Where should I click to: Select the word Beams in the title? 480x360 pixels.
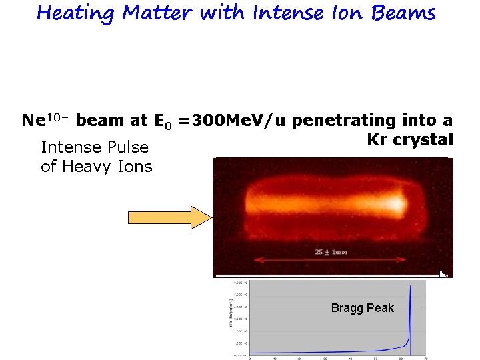[x=407, y=13]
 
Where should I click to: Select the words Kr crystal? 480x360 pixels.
[x=409, y=140]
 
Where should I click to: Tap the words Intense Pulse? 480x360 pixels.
[x=95, y=147]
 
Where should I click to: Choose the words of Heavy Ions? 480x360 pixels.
[x=97, y=167]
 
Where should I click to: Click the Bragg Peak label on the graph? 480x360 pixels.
[x=363, y=308]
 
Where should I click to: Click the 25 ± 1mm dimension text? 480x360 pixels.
[x=331, y=252]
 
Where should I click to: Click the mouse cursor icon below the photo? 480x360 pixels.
[x=443, y=273]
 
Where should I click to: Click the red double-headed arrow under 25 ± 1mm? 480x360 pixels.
[x=331, y=261]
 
